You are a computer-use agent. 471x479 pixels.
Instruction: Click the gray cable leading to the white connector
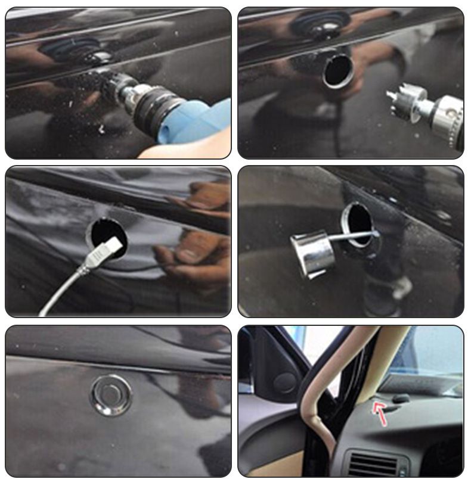66,286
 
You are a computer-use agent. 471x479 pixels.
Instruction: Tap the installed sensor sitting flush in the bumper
111,394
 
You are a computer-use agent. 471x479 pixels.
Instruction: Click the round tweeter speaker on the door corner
285,382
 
